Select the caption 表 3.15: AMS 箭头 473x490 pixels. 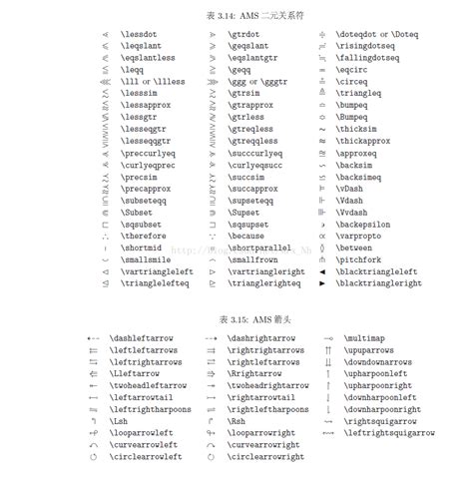click(236, 318)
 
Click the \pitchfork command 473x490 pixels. click(365, 258)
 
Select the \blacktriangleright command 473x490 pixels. click(378, 282)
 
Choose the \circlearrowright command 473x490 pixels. click(264, 456)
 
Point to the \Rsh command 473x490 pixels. click(239, 420)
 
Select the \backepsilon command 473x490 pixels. click(369, 224)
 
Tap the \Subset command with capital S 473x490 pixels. click(141, 212)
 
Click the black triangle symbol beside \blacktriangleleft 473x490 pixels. click(321, 270)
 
